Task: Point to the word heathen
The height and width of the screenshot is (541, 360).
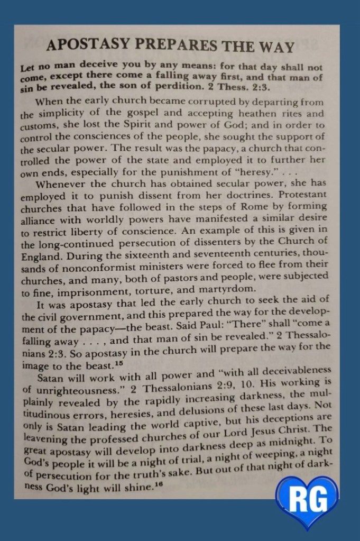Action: [269, 114]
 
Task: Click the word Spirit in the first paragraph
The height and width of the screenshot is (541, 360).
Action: [132, 125]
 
